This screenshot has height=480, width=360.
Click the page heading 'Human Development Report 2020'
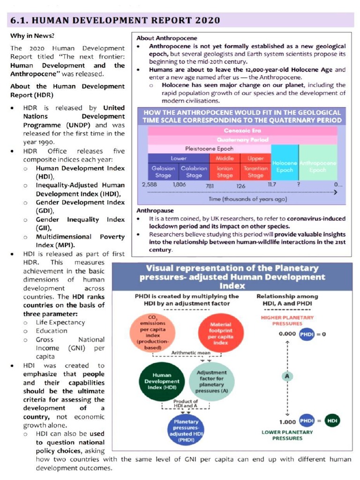pyautogui.click(x=115, y=20)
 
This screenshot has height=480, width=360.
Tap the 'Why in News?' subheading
pyautogui.click(x=32, y=36)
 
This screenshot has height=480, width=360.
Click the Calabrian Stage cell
pyautogui.click(x=194, y=172)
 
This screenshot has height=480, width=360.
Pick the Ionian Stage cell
pyautogui.click(x=225, y=172)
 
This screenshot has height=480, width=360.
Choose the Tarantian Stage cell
pyautogui.click(x=255, y=172)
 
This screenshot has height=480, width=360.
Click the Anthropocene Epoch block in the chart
pyautogui.click(x=318, y=166)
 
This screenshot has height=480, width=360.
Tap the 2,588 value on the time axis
pyautogui.click(x=149, y=185)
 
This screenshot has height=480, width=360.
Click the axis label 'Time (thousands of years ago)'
pyautogui.click(x=247, y=199)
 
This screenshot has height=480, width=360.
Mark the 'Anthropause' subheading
pyautogui.click(x=155, y=210)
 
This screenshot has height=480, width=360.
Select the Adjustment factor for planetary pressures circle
pyautogui.click(x=212, y=381)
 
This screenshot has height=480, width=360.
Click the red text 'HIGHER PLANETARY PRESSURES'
pyautogui.click(x=287, y=321)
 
